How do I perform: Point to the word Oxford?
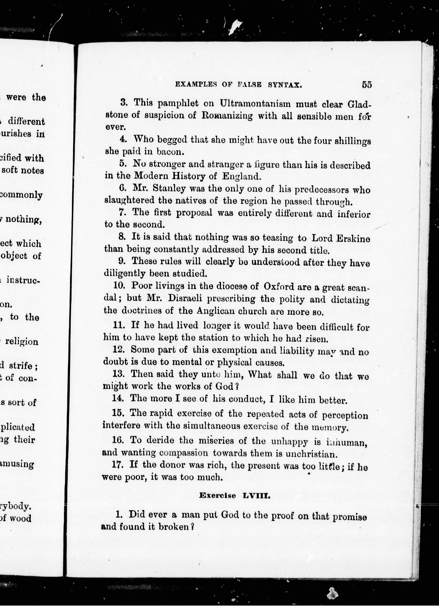coord(279,286)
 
